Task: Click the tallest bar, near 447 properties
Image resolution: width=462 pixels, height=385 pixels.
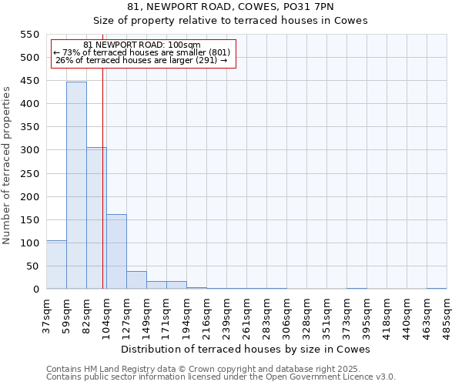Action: tap(76, 185)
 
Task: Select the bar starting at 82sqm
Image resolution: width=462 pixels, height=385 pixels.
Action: tap(96, 218)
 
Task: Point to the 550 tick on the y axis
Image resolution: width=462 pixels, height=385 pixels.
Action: tap(30, 35)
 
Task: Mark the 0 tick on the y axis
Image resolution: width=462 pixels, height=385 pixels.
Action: tap(35, 290)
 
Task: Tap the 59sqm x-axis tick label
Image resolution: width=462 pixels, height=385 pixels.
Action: tap(67, 314)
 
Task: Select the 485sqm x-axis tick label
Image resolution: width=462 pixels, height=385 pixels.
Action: tap(447, 314)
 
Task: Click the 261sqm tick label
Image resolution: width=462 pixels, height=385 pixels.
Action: tap(247, 314)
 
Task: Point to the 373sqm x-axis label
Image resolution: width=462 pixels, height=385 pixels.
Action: tap(347, 314)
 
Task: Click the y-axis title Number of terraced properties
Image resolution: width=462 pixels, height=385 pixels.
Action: tap(7, 166)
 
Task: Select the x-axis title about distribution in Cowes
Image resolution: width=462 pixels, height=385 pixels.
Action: tap(246, 349)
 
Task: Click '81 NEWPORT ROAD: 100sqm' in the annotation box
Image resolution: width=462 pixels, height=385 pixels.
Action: tap(142, 45)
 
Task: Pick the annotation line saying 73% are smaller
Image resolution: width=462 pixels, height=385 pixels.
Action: tap(142, 52)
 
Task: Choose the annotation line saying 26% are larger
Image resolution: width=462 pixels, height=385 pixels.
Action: tap(142, 60)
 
